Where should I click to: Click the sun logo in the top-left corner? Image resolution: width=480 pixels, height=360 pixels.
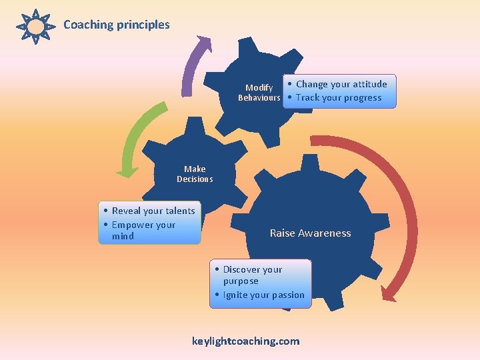pyautogui.click(x=36, y=27)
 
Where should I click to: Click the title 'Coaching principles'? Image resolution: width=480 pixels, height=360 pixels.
pyautogui.click(x=117, y=25)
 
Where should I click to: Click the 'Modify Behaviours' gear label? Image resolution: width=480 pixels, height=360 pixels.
pyautogui.click(x=259, y=93)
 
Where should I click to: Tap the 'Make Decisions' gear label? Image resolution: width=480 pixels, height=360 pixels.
pyautogui.click(x=195, y=174)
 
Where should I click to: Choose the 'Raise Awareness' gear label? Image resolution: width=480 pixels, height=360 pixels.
pyautogui.click(x=310, y=233)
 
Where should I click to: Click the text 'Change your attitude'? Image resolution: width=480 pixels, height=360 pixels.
pyautogui.click(x=341, y=84)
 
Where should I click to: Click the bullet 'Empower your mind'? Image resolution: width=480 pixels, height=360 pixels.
pyautogui.click(x=143, y=230)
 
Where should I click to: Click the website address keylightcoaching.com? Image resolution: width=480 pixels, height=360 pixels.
pyautogui.click(x=245, y=341)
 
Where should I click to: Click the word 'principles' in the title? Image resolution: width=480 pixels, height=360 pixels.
pyautogui.click(x=143, y=25)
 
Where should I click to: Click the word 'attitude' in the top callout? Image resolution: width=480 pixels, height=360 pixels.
pyautogui.click(x=367, y=84)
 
